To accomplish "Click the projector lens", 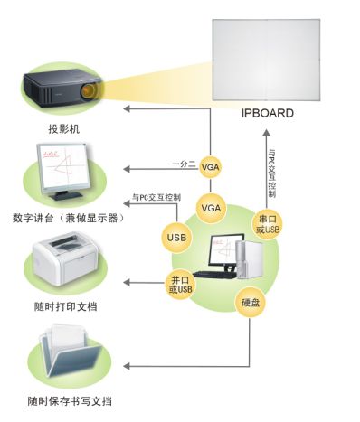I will coord(89,92).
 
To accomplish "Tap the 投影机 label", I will coord(63,128).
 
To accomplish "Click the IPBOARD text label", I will coord(266,113).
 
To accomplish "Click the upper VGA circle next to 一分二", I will coord(211,167).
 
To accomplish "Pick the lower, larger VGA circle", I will coord(211,208).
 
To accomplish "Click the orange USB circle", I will coord(177,237).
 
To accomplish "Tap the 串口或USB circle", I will coord(268,223).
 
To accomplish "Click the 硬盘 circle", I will coord(251,303).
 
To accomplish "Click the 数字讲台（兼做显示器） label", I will coord(68,219).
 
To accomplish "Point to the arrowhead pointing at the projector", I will coord(127,109).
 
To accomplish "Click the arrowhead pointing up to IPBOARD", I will coord(267,129).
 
